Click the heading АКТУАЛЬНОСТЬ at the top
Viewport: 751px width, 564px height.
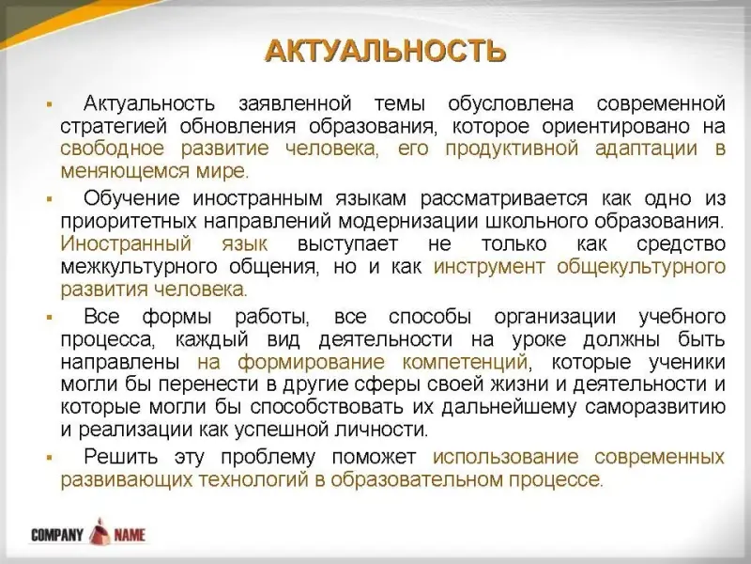tap(385, 50)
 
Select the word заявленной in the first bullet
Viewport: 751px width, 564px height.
tap(295, 103)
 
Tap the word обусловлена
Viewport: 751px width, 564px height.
tap(511, 103)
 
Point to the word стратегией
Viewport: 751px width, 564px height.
tap(114, 127)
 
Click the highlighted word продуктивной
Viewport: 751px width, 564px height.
tap(512, 149)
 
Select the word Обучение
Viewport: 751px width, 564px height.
tap(131, 198)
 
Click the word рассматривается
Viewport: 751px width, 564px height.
tap(503, 198)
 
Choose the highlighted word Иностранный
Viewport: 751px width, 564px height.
tap(126, 244)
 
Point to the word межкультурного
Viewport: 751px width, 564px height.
tap(139, 267)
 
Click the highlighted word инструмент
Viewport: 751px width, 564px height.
tap(489, 267)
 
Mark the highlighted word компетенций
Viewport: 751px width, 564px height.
tap(465, 362)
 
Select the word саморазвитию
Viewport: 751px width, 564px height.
tap(655, 407)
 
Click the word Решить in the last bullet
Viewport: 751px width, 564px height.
tap(121, 457)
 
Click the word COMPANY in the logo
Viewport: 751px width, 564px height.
tap(57, 535)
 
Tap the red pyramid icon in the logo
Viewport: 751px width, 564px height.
tap(100, 531)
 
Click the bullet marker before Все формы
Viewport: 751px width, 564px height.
tap(50, 317)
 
